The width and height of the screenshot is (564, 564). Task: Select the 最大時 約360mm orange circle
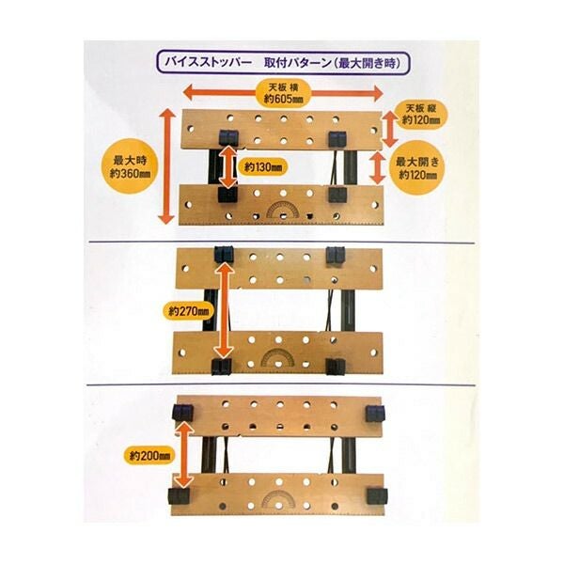[131, 167]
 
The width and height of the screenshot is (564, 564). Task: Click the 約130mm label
[262, 167]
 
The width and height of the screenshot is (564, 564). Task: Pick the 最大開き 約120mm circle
[417, 167]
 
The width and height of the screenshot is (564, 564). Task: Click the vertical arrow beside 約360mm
[167, 166]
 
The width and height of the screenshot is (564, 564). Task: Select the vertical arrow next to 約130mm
[228, 167]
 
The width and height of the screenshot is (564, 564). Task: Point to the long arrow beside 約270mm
[225, 310]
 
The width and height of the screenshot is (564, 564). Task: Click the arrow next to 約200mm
[184, 455]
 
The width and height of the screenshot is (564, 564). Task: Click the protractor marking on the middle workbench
[277, 358]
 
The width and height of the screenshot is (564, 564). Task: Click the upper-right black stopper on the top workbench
[338, 139]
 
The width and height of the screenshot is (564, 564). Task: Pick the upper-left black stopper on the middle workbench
[224, 255]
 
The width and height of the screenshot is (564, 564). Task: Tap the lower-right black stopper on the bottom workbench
[377, 496]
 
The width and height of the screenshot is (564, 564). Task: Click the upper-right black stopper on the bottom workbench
[375, 414]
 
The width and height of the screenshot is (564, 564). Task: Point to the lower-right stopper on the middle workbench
[336, 367]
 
